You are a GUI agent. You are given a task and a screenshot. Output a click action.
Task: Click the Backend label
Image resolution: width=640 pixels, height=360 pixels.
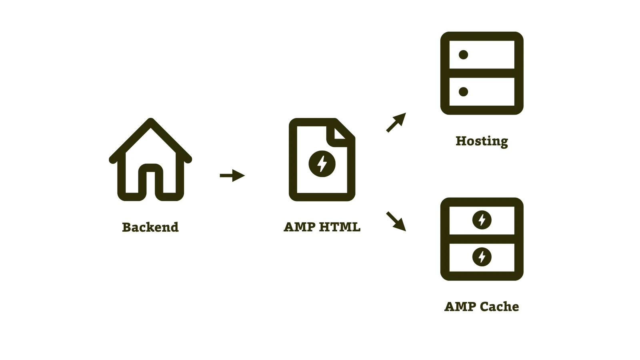pos(150,227)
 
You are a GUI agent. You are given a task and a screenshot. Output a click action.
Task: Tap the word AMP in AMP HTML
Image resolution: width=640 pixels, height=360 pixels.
pos(300,227)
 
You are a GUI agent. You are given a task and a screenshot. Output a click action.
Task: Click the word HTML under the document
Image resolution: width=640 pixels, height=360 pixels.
pos(340,227)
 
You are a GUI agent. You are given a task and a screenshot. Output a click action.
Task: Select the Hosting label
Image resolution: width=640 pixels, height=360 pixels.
pos(482,141)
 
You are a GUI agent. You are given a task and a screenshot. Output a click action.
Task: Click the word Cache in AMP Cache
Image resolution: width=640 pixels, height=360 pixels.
pos(499,307)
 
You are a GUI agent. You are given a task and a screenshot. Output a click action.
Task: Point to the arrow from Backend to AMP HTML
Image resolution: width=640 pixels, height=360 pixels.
pos(232,175)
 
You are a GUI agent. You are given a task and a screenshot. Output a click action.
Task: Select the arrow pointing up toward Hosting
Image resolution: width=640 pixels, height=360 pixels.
pos(396,122)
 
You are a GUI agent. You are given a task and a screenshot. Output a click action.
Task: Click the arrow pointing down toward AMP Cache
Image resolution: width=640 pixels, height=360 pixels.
pos(396,221)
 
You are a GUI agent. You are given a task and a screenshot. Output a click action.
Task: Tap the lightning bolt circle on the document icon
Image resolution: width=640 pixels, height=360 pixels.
pos(322,164)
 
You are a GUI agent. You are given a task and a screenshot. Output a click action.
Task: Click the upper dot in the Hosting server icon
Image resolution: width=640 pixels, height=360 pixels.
pos(463,55)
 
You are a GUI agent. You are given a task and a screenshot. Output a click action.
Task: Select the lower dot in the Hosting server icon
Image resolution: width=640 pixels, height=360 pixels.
pos(463,92)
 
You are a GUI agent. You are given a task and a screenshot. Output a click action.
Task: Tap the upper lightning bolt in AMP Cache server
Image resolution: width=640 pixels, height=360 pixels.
pos(482,220)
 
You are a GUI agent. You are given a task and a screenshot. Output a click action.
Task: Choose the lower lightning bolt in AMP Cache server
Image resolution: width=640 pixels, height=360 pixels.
pos(482,257)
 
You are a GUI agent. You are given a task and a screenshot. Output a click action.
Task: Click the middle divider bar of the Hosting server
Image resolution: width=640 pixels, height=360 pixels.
pos(482,73)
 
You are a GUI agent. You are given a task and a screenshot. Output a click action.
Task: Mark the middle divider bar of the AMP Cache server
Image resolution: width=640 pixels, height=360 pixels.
pos(482,239)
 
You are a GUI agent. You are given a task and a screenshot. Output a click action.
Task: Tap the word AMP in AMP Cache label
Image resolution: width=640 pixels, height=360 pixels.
pos(460,307)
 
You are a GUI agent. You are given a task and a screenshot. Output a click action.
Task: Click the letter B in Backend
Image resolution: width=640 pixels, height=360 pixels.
pos(127,227)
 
